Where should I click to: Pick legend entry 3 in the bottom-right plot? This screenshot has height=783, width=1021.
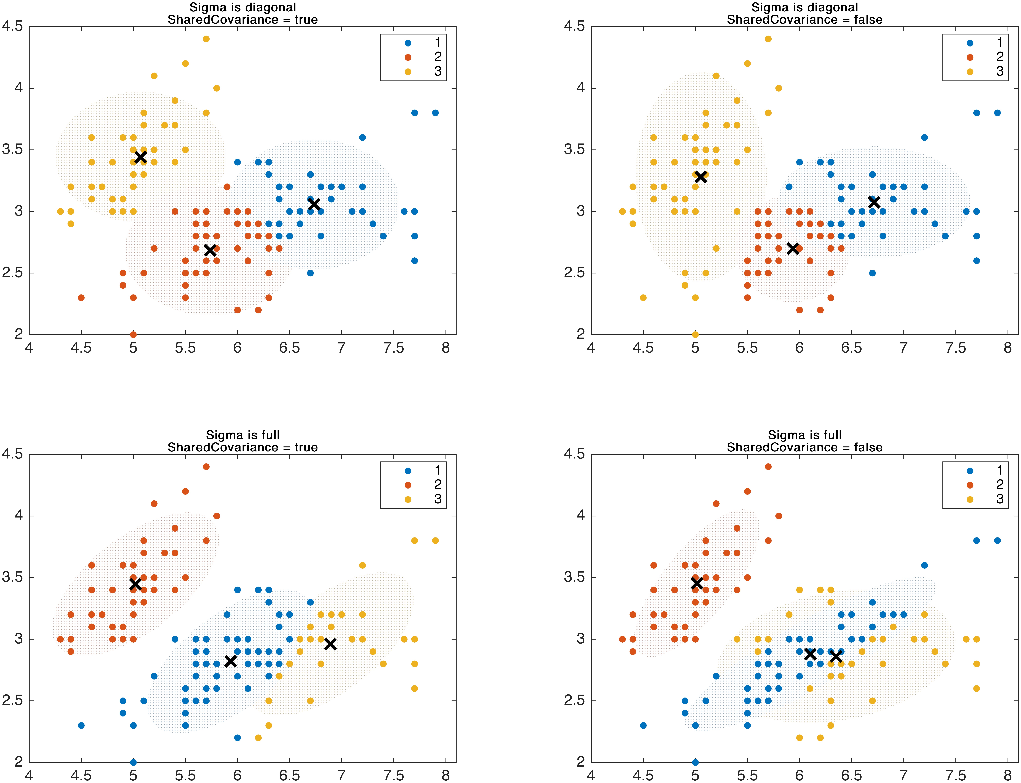[984, 499]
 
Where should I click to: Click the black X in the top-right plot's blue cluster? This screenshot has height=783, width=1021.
[874, 202]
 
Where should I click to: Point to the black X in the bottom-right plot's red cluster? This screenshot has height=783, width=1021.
[696, 583]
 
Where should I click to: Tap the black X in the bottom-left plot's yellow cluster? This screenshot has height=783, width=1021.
[330, 644]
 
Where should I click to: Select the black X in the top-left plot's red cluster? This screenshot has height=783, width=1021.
[210, 250]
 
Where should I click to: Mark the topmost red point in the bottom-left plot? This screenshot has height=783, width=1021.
[206, 467]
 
